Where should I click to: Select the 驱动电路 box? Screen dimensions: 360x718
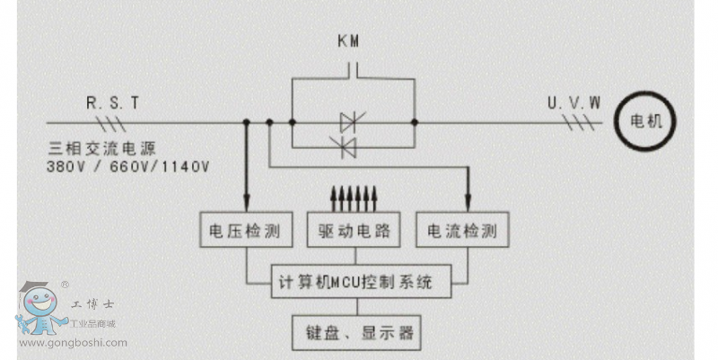(355, 232)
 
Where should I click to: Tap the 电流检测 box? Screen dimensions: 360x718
(463, 232)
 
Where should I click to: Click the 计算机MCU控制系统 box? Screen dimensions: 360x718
(354, 283)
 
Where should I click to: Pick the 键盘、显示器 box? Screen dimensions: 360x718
(355, 333)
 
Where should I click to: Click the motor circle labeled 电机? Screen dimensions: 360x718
(644, 121)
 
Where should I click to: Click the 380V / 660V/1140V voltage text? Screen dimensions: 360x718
(127, 166)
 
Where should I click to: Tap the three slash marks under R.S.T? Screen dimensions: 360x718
(114, 122)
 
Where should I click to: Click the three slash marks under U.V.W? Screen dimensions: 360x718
(585, 122)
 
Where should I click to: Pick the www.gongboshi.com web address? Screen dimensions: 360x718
(74, 342)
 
